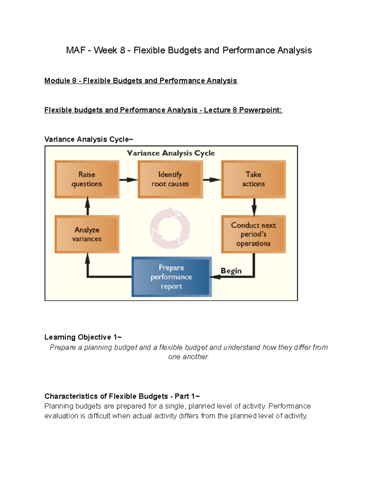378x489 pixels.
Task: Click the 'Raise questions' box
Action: (87, 179)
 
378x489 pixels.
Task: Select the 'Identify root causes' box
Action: (170, 179)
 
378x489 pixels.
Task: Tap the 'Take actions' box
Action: (253, 179)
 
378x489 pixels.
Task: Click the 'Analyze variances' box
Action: (87, 234)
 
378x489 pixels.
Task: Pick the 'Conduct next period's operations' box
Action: (253, 234)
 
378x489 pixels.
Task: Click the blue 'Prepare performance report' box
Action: (171, 277)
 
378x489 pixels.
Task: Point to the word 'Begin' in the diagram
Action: (231, 271)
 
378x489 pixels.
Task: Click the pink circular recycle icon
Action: (170, 228)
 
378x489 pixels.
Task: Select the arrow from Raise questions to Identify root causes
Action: (128, 180)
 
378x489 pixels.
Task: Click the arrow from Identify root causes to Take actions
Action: (212, 180)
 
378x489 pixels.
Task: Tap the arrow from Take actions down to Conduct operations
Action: (254, 207)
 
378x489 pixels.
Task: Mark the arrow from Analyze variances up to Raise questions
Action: (88, 207)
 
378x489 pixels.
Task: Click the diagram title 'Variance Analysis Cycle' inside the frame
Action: (171, 153)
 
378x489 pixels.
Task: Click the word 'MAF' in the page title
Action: (75, 50)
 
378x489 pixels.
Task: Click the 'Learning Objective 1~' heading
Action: (83, 337)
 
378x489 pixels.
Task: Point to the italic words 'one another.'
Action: (188, 357)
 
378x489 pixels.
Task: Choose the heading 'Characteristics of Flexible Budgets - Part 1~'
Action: (122, 396)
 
